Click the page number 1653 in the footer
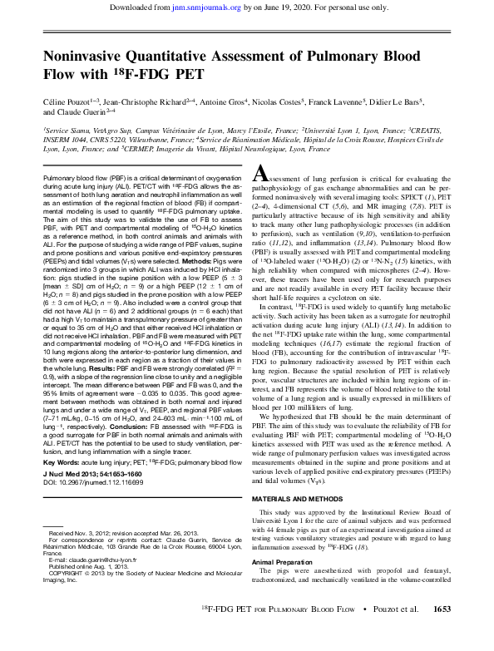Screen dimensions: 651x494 [437, 634]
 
